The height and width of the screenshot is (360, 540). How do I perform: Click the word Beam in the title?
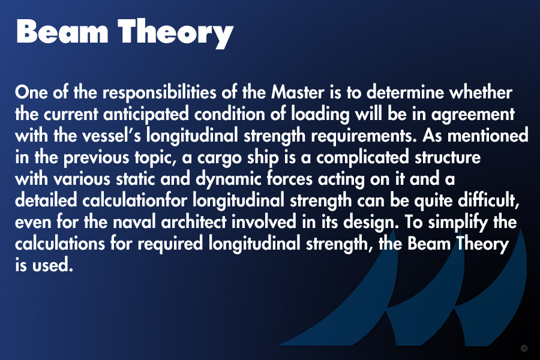coord(62,31)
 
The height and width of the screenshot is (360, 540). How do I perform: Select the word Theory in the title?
coord(176,34)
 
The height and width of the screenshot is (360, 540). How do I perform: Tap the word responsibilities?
coord(160,93)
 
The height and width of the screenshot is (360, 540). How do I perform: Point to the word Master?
coord(298,92)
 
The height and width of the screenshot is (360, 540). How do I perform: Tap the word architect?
coord(194,222)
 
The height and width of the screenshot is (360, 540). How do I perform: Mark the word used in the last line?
coord(52,266)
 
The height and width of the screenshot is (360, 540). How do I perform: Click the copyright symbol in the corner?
coord(524,348)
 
